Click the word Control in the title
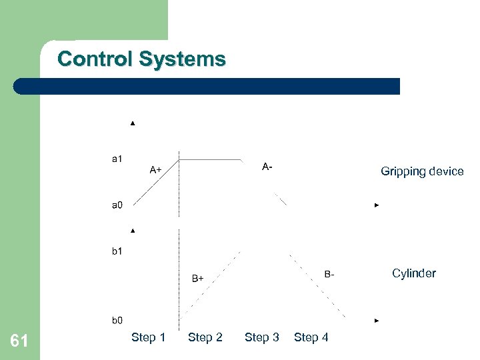point(95,59)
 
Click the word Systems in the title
point(182,59)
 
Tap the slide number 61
point(19,342)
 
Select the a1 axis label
point(117,159)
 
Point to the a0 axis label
point(117,205)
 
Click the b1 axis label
point(117,251)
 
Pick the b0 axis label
point(117,321)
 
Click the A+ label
point(155,170)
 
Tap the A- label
point(267,166)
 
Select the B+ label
point(197,278)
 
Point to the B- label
point(329,274)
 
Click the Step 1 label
point(148,338)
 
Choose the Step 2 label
point(205,338)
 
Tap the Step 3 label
point(262,338)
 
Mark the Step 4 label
point(311,338)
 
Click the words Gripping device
point(422,171)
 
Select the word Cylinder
point(414,273)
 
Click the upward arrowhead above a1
point(133,123)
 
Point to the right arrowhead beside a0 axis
point(377,205)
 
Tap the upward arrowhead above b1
point(133,231)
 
